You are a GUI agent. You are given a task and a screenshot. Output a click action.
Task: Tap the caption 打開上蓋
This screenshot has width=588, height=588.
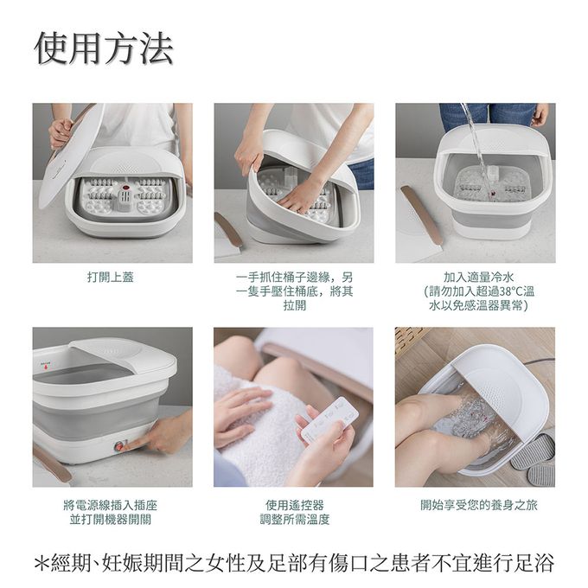point(111,277)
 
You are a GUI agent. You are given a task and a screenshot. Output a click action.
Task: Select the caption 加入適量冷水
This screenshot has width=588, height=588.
point(477,277)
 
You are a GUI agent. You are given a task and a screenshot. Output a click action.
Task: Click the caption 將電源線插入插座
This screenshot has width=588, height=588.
point(111,505)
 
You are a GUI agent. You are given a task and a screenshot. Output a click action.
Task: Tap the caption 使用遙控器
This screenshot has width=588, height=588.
point(294,505)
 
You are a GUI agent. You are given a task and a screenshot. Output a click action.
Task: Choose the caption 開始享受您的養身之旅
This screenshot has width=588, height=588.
point(478,505)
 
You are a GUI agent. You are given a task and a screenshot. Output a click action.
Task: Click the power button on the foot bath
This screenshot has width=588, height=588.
point(119,447)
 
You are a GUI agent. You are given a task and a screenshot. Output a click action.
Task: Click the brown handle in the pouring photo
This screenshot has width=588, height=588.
point(421,214)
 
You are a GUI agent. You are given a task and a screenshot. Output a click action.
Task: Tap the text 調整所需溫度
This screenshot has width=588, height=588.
point(294,520)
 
